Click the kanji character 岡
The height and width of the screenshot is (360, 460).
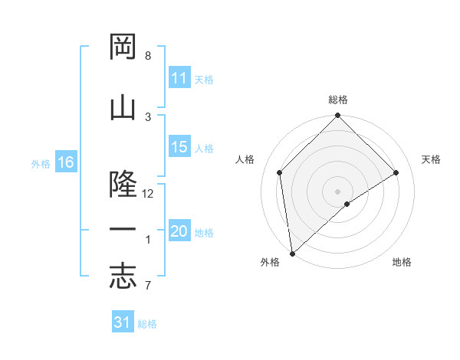pyautogui.click(x=123, y=47)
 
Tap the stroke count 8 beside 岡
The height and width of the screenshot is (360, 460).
pyautogui.click(x=148, y=56)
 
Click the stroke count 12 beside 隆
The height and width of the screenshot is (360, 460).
pyautogui.click(x=148, y=194)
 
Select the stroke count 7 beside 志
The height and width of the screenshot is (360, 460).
pyautogui.click(x=148, y=286)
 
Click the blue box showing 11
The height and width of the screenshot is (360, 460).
pyautogui.click(x=179, y=78)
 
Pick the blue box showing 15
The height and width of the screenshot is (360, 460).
pyautogui.click(x=179, y=148)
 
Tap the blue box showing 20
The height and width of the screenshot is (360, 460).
pyautogui.click(x=179, y=232)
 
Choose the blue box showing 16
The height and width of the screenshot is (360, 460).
pyautogui.click(x=66, y=162)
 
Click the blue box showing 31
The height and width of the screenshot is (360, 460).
pyautogui.click(x=123, y=322)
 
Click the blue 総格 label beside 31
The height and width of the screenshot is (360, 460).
pyautogui.click(x=147, y=323)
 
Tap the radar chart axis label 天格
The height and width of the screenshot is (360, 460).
pyautogui.click(x=432, y=159)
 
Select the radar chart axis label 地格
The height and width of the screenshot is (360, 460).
pyautogui.click(x=402, y=262)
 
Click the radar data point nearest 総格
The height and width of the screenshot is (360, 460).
pyautogui.click(x=337, y=116)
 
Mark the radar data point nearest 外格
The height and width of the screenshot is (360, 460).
pyautogui.click(x=292, y=253)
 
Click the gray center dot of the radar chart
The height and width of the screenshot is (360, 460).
pyautogui.click(x=337, y=191)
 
